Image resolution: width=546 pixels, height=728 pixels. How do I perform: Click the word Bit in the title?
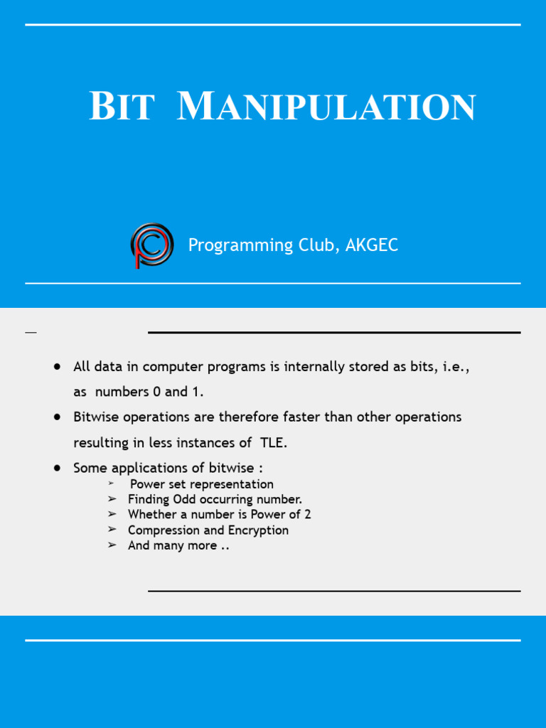tap(121, 107)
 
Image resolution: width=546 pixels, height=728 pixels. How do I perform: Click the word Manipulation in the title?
tap(326, 107)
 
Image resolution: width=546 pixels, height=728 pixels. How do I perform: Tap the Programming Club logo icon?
tap(151, 245)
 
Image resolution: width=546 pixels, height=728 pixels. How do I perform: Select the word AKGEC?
tap(372, 245)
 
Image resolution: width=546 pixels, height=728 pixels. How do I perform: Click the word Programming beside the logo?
tap(240, 246)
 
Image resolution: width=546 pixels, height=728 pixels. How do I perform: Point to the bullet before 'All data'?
tap(57, 367)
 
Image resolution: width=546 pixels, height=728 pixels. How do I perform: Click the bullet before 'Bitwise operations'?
tap(57, 417)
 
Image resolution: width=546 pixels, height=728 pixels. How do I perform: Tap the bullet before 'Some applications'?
tap(57, 468)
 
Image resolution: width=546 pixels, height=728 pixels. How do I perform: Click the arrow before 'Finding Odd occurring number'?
tap(112, 499)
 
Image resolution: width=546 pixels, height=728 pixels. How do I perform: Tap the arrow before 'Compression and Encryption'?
tap(112, 530)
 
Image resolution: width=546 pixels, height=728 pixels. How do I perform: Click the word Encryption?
tap(258, 530)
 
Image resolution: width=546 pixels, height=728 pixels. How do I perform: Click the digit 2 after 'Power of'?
tap(307, 514)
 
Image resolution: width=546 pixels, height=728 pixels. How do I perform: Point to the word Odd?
tap(184, 499)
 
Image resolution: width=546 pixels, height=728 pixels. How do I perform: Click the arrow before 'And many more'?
tap(112, 545)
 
